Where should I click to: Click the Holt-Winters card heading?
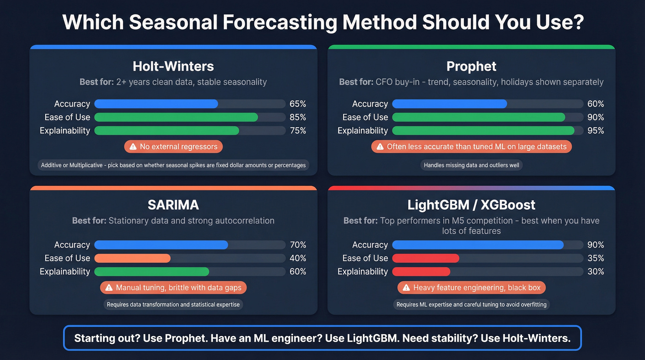point(173,66)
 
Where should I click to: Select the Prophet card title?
point(471,66)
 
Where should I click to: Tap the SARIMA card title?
point(173,204)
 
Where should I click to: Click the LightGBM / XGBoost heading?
point(471,204)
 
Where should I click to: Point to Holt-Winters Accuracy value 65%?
point(298,104)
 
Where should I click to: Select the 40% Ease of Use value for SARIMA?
point(298,258)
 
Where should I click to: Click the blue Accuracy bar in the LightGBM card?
point(478,245)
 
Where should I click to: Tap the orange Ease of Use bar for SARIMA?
point(133,258)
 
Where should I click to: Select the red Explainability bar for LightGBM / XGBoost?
point(421,271)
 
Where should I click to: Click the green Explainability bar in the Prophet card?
point(483,130)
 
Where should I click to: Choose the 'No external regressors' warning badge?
point(173,147)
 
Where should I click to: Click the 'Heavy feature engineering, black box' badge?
point(471,288)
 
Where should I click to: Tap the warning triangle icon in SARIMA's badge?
point(109,288)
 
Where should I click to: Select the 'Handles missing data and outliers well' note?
point(471,165)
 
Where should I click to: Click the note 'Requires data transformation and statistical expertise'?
point(173,304)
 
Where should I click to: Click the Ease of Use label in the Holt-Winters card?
point(67,117)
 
